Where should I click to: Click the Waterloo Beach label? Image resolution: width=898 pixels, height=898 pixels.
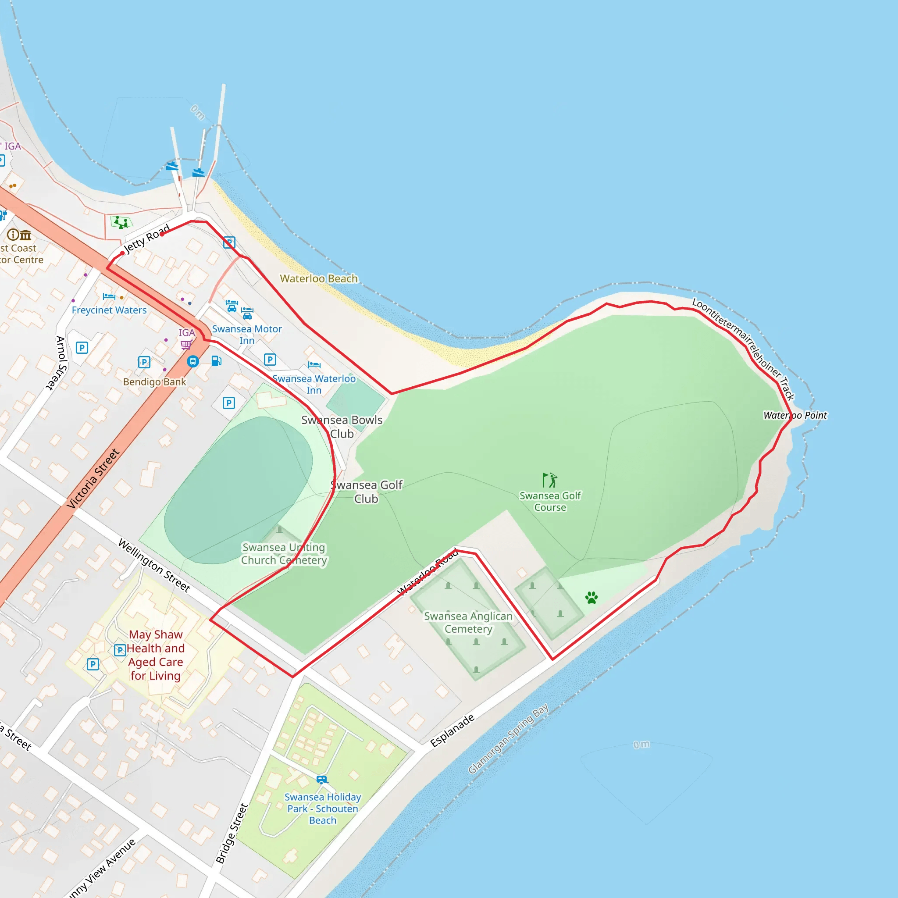319,278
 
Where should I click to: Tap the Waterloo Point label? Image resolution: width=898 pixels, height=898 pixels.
795,415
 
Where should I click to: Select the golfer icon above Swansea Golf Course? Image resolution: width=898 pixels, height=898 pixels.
550,480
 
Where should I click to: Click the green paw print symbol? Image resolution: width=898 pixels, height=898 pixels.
591,598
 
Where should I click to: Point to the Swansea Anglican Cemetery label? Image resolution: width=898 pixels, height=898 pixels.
468,622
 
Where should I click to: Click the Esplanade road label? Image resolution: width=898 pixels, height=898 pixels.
452,730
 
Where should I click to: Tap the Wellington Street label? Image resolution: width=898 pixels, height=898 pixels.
154,565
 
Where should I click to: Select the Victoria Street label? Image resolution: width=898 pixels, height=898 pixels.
93,478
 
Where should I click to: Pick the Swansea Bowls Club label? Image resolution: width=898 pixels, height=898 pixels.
342,427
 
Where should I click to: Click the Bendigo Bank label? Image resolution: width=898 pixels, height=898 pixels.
154,381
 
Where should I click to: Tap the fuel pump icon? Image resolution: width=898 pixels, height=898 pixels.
216,361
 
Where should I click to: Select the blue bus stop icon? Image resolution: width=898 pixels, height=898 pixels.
193,361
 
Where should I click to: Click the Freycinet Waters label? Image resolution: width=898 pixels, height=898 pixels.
109,310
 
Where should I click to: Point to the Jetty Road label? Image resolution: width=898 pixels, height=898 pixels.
146,238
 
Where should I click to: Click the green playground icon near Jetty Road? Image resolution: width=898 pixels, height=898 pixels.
121,222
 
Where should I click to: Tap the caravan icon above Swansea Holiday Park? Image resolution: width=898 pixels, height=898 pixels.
322,780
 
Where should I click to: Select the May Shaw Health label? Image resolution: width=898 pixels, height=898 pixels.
156,655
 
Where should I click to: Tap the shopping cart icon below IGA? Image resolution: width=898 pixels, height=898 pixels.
186,344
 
